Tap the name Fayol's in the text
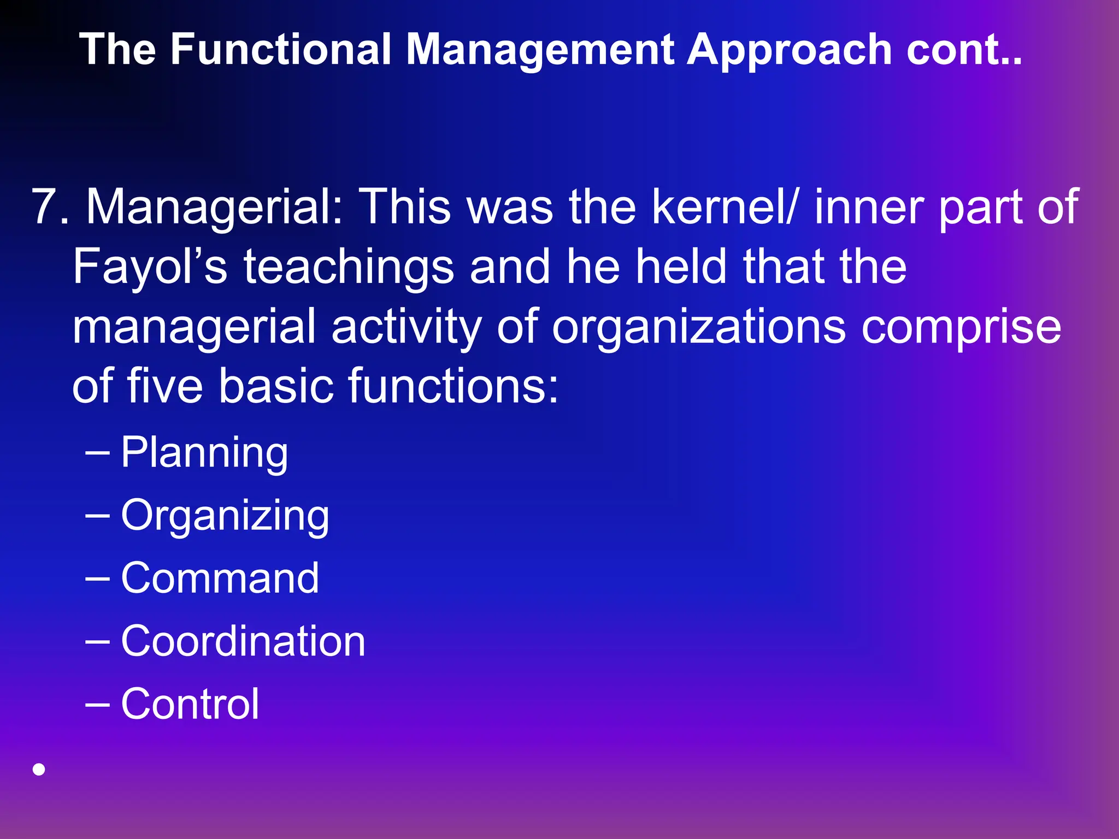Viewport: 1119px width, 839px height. coord(150,268)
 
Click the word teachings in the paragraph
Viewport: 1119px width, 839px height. coord(348,267)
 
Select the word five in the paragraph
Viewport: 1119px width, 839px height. coord(165,386)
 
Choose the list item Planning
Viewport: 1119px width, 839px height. coord(204,453)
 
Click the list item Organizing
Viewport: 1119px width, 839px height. coord(225,516)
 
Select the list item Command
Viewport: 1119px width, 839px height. coord(220,578)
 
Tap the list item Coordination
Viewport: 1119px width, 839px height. coord(243,641)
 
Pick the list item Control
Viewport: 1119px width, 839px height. coord(190,704)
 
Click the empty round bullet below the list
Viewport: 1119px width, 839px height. coord(39,770)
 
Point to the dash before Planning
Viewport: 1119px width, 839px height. coord(98,452)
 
